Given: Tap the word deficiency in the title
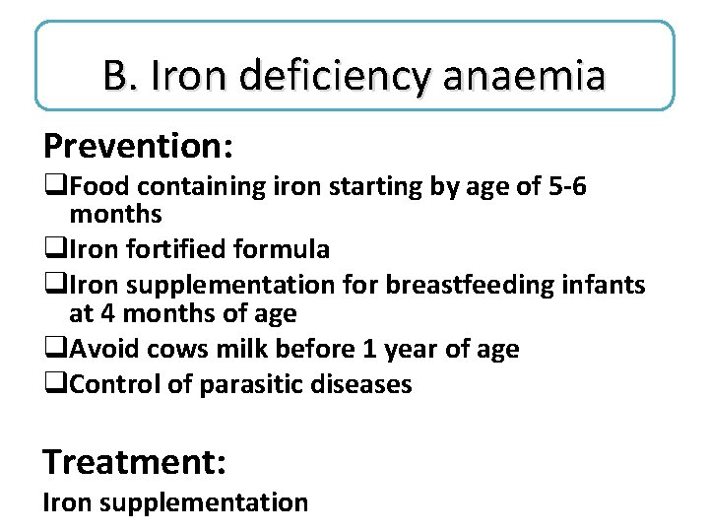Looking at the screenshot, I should pos(315,76).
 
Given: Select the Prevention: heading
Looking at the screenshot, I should pos(138,146).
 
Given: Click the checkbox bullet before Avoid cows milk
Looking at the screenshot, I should pos(51,350).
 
